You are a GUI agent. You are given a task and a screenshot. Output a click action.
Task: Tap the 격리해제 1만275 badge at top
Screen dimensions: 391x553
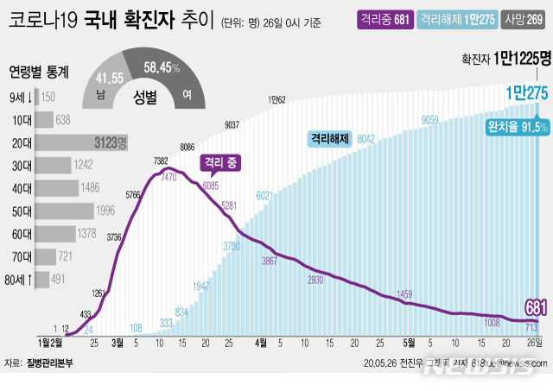click(x=454, y=20)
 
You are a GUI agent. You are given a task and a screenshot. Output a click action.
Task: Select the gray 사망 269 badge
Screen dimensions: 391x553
click(x=522, y=20)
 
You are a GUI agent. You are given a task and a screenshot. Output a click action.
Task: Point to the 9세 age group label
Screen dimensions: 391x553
click(x=22, y=97)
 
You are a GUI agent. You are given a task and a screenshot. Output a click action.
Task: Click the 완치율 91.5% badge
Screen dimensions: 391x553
click(x=518, y=127)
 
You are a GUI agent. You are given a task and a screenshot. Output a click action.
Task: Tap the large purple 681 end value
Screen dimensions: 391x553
click(x=536, y=307)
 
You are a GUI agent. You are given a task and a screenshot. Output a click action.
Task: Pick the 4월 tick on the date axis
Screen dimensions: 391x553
click(x=261, y=343)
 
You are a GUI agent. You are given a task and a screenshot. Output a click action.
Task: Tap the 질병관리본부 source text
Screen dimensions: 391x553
click(x=49, y=363)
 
